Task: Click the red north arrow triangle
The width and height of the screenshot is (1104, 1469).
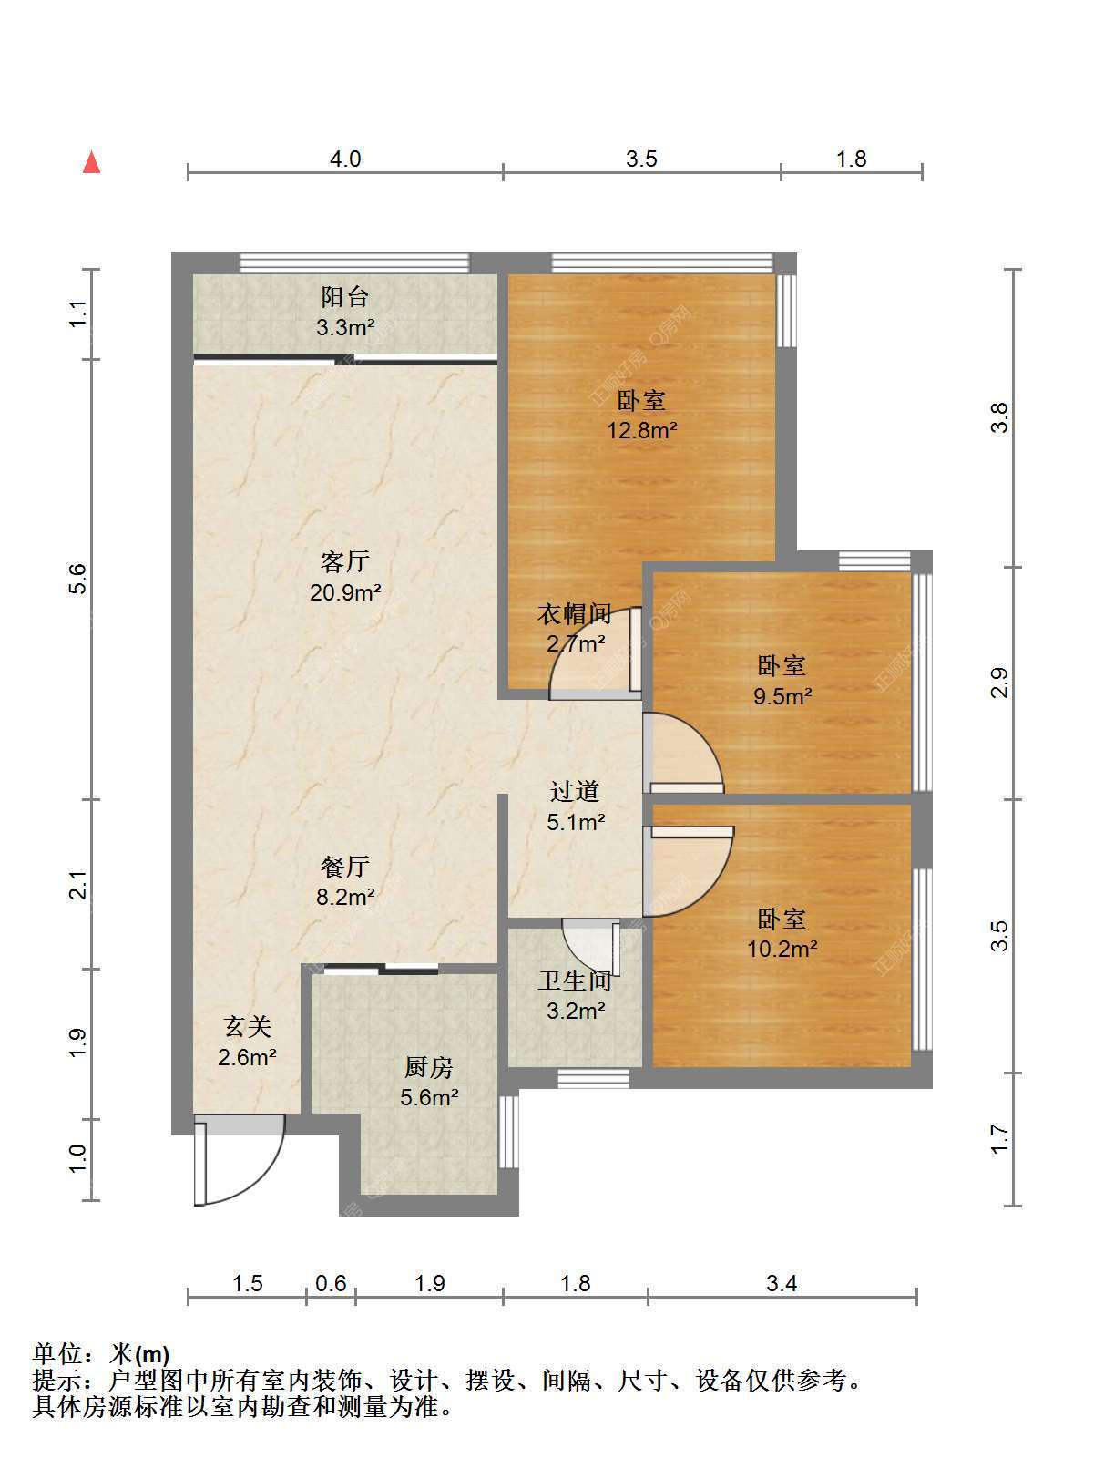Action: [x=92, y=162]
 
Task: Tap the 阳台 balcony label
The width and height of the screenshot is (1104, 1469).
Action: [x=344, y=296]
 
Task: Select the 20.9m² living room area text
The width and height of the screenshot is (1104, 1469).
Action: [x=345, y=592]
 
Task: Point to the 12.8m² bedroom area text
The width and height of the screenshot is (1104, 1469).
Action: [x=642, y=429]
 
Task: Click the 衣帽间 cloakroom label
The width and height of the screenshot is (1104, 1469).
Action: [x=575, y=613]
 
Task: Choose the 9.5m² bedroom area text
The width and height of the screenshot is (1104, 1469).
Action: [x=782, y=696]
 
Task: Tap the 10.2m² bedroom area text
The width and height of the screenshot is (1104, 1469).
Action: [x=782, y=949]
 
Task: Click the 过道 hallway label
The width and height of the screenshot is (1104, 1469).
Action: [x=575, y=792]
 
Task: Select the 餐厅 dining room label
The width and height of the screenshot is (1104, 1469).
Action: [x=344, y=867]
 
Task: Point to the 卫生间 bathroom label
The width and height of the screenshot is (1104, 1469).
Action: [x=575, y=981]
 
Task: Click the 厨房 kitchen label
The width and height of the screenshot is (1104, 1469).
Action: [x=429, y=1067]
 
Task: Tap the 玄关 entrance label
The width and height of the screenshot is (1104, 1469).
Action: [x=248, y=1026]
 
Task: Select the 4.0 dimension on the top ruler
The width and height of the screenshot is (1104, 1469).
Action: [x=345, y=159]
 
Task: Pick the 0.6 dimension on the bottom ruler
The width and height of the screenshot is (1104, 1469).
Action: [x=331, y=1283]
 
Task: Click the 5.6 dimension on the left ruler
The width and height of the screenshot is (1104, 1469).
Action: [x=79, y=579]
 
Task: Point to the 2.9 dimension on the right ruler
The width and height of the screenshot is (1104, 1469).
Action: [x=999, y=683]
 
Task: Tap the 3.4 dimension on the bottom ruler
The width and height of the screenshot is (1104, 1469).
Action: [x=782, y=1283]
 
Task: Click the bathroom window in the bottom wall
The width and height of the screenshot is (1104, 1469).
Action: [x=593, y=1078]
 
